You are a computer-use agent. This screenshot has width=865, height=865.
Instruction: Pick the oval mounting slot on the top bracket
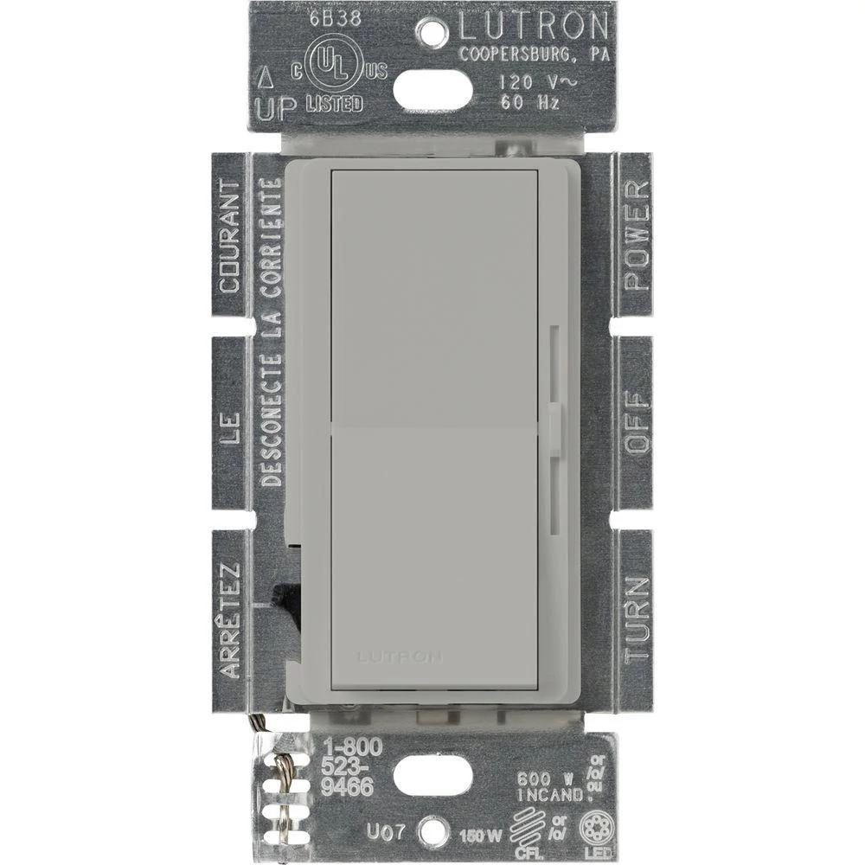click(432, 86)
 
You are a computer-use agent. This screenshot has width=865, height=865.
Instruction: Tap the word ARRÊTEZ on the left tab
click(229, 619)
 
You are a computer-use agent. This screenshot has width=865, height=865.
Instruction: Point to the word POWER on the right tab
click(636, 235)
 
